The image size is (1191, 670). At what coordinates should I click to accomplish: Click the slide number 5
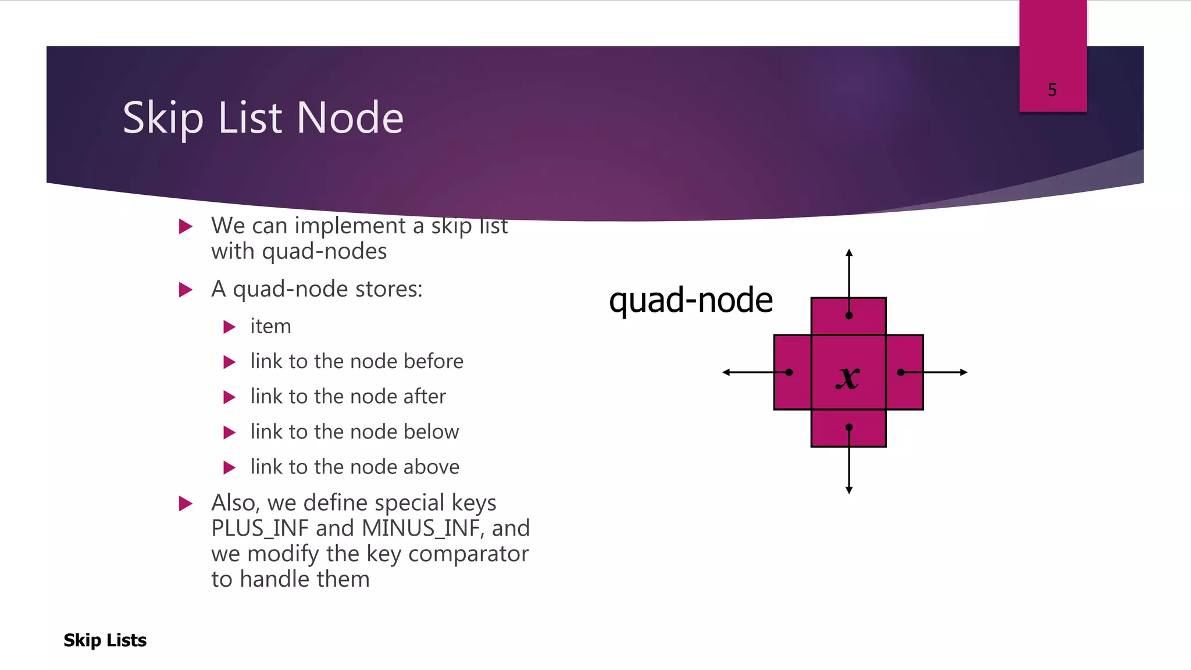1052,90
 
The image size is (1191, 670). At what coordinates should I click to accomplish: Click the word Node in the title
350,118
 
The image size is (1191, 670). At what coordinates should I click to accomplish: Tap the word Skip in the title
163,118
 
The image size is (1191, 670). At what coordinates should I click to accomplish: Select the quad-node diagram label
690,301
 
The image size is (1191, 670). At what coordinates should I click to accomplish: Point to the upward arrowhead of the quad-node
849,253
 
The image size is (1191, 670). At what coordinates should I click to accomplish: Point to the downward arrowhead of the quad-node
849,490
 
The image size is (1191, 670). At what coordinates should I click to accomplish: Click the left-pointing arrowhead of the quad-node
726,372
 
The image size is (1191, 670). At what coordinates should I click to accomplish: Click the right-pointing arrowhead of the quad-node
964,372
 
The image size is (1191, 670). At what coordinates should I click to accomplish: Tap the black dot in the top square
849,316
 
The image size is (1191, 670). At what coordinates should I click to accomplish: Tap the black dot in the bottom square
849,427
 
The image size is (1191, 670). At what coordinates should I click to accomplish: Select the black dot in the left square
789,372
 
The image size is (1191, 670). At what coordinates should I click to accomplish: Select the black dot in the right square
901,372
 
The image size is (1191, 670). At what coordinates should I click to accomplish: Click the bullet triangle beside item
229,327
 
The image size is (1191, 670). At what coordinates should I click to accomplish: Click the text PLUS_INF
259,528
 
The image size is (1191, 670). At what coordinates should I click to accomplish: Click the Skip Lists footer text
105,640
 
